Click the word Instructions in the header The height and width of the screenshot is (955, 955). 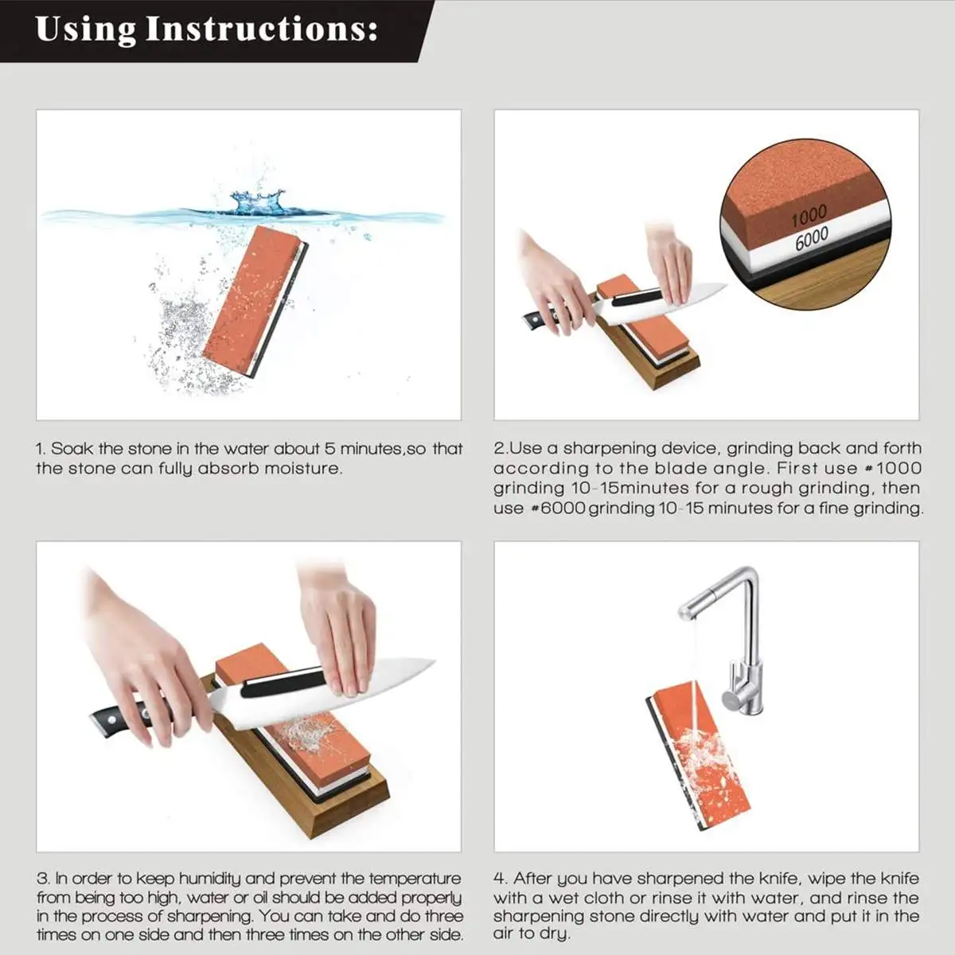pos(261,29)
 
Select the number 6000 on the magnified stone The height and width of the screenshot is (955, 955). pos(812,239)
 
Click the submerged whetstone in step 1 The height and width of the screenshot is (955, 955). pos(255,302)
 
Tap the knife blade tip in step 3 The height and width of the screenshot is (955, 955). pos(435,661)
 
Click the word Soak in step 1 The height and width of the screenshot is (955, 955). pos(72,449)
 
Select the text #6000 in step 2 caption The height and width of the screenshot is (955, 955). pos(558,508)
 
